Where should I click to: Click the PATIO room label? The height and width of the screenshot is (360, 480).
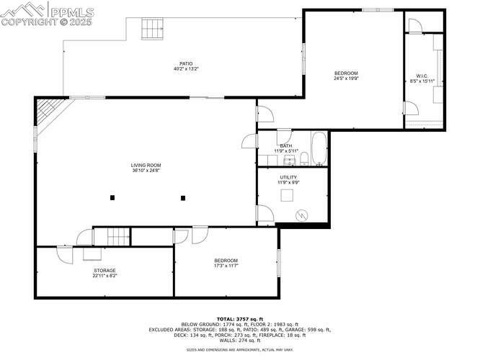[185, 63]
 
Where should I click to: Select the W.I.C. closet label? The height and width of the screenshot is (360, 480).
[422, 76]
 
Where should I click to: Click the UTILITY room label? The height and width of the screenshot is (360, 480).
[288, 177]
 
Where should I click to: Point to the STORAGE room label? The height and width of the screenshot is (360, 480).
[105, 271]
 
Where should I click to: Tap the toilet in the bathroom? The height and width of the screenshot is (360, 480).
[304, 158]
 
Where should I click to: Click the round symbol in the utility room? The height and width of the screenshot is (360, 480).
[303, 214]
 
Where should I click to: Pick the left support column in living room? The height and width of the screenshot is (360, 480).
[112, 197]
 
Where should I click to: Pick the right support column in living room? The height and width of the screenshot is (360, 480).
[183, 197]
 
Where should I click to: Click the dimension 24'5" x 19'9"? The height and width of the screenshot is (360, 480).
[346, 79]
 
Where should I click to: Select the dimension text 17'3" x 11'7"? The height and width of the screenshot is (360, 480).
[226, 266]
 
